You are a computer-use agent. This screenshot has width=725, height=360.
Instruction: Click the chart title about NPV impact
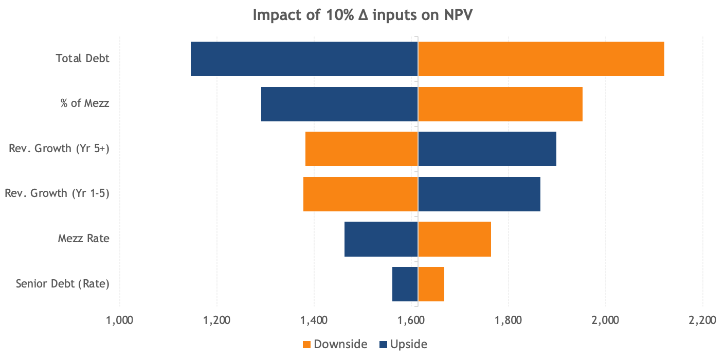[x=362, y=15]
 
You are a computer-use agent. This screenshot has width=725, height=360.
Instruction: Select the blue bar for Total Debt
[x=304, y=59]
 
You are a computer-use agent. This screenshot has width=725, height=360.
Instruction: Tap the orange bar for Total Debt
[x=541, y=59]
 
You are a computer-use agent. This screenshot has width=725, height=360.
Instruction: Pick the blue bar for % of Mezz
[x=339, y=104]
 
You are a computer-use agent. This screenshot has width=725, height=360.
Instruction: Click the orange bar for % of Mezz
[x=500, y=104]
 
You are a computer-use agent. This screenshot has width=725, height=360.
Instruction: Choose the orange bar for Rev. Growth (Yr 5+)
[x=361, y=149]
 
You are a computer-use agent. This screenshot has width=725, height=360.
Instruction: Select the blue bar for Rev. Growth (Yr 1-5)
[x=479, y=194]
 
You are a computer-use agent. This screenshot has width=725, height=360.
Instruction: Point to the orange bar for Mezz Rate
[x=455, y=239]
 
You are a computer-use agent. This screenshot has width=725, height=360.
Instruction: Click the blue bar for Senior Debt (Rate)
[x=405, y=284]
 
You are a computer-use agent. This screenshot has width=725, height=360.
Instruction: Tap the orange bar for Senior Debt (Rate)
[x=431, y=284]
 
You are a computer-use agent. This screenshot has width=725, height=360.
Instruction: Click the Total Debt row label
[x=83, y=59]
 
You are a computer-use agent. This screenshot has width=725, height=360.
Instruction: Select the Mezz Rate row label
[x=84, y=239]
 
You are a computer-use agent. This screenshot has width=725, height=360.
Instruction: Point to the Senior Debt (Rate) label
[x=63, y=284]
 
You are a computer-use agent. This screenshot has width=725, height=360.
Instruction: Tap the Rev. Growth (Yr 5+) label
[x=59, y=149]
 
